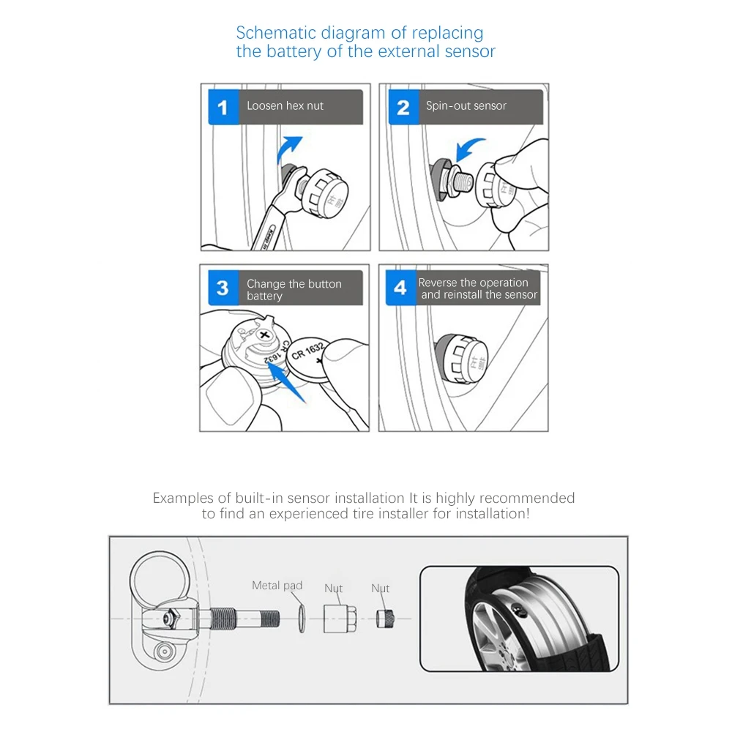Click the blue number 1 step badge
(223, 107)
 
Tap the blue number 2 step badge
(403, 107)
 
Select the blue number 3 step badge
(223, 288)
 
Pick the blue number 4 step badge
(400, 288)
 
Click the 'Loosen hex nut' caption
(285, 106)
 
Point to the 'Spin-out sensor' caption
(466, 106)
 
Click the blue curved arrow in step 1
(288, 149)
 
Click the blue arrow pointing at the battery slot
(287, 383)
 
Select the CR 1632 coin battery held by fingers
(309, 360)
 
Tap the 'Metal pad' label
(277, 586)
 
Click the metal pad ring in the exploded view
(302, 619)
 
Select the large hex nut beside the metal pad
(340, 619)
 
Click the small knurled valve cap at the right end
(385, 619)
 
